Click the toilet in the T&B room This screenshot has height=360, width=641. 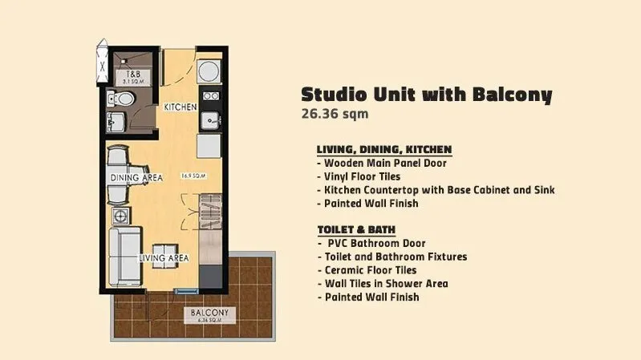121,99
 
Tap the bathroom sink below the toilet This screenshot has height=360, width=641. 116,122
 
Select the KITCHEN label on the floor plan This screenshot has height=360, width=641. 181,107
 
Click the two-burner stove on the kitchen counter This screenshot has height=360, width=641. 211,96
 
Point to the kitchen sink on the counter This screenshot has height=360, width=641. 211,121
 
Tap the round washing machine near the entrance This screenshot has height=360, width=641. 209,71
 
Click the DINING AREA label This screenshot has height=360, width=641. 136,178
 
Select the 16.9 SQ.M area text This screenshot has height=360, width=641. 193,176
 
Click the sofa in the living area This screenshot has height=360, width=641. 125,257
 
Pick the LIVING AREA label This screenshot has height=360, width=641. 164,258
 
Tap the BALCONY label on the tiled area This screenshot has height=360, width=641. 209,313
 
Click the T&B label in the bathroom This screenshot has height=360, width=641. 133,75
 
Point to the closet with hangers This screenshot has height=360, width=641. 210,212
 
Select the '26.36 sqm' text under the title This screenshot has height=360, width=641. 335,114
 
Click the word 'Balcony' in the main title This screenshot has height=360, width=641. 513,95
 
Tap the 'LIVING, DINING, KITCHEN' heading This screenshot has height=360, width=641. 384,150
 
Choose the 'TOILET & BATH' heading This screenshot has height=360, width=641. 356,229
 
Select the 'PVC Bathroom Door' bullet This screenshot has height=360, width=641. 372,244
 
